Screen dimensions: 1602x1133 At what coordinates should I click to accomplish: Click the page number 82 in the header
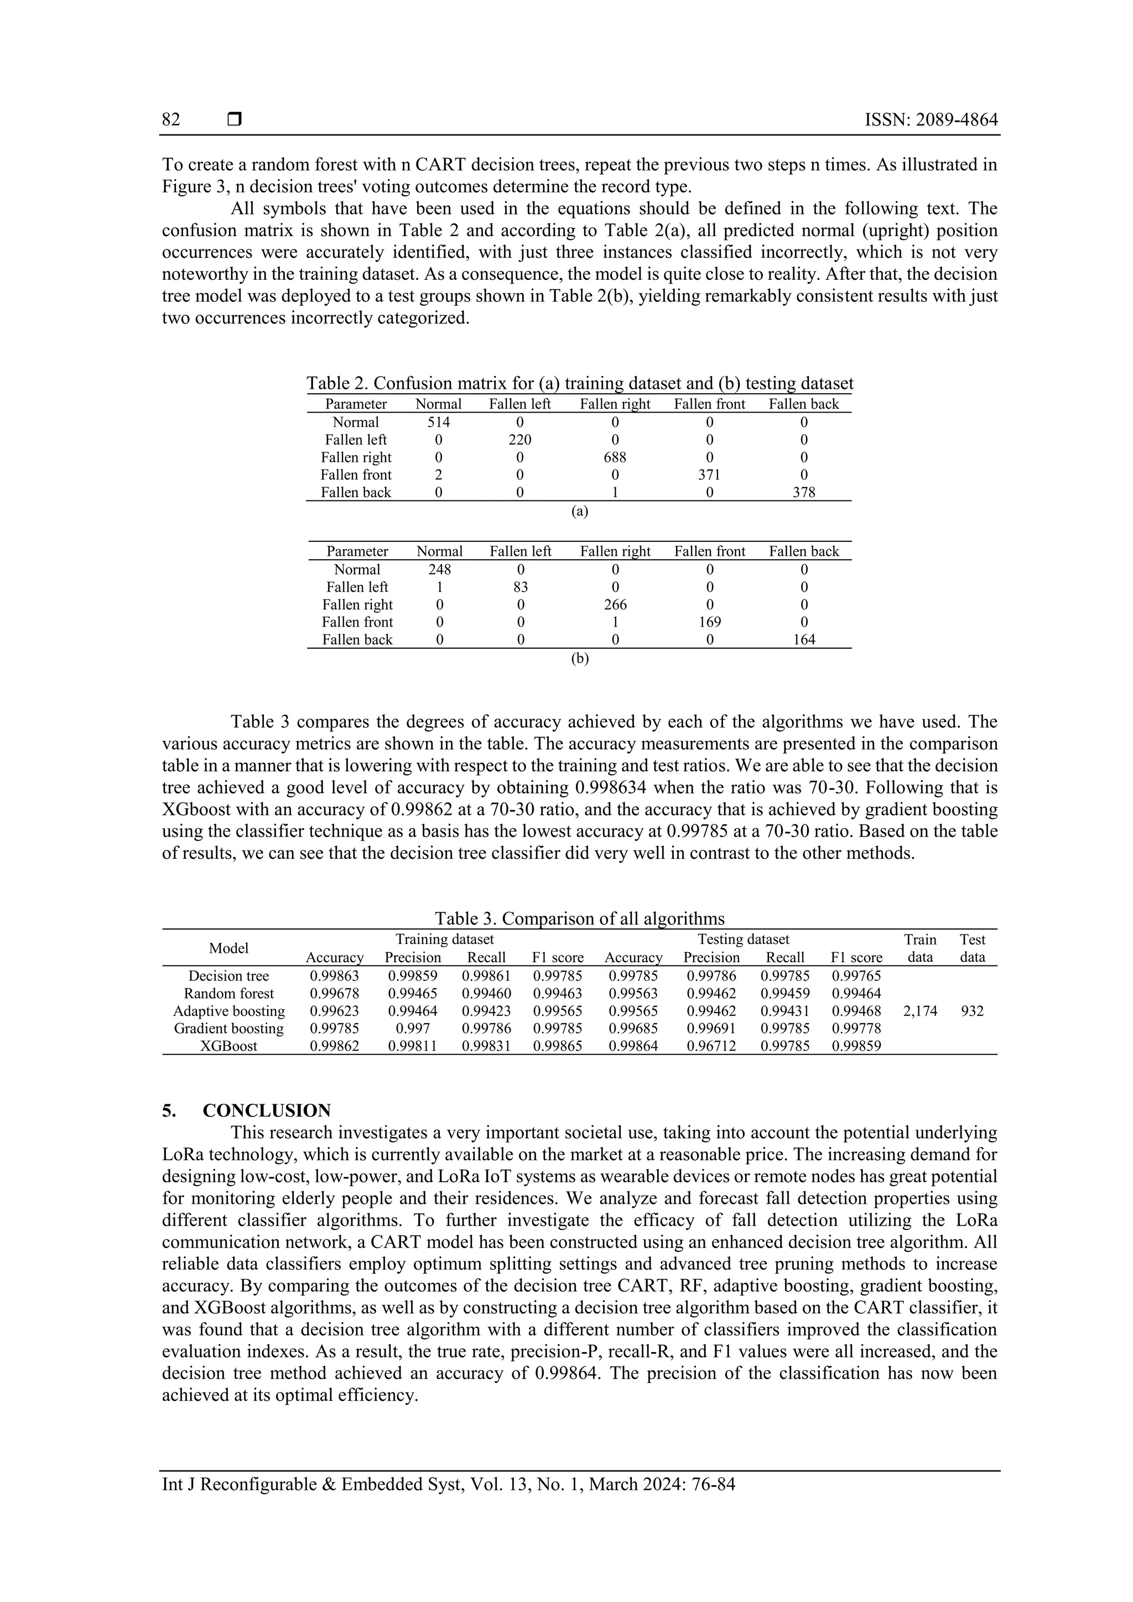171,120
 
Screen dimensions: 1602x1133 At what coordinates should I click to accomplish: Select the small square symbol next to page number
235,120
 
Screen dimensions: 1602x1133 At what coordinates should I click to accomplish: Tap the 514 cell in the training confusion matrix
438,422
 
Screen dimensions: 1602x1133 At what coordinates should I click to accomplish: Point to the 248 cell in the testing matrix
439,570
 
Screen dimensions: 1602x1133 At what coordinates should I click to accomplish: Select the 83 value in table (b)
520,587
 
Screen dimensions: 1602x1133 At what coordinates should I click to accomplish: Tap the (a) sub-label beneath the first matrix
579,512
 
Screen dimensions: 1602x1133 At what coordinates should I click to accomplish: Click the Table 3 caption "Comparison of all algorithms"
579,918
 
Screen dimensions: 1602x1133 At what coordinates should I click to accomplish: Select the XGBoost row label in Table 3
228,1046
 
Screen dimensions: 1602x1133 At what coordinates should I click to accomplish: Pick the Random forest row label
228,994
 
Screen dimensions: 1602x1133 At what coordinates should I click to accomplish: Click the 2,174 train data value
919,1011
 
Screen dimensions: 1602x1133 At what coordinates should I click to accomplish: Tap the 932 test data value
972,1011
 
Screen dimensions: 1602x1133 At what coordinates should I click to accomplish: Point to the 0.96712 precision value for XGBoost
711,1046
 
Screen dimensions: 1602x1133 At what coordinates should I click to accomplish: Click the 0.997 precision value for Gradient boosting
413,1029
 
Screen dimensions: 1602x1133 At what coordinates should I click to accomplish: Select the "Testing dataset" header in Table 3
744,939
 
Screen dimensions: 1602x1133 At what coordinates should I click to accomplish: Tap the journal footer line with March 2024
448,1484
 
